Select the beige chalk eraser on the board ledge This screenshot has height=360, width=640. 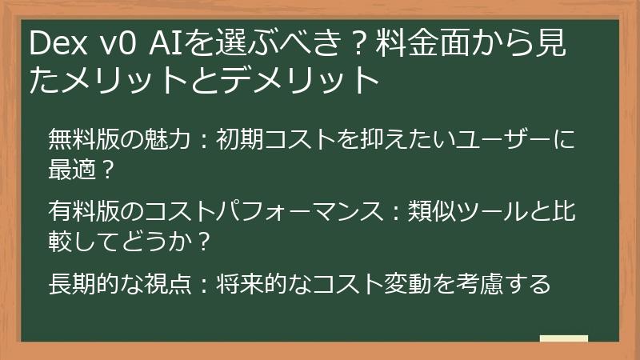563,338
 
